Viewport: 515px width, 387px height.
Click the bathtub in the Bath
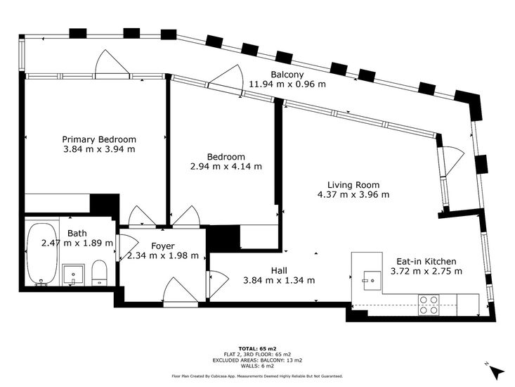point(41,254)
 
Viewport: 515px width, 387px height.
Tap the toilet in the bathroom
point(99,273)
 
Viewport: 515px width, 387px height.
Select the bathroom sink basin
point(73,275)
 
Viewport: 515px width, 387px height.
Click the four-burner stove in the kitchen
point(429,305)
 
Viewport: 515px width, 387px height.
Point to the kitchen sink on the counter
point(372,281)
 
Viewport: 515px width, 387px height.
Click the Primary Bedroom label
point(99,139)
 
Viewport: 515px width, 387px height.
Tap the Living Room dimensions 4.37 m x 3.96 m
point(353,195)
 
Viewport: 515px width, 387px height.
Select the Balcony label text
point(287,75)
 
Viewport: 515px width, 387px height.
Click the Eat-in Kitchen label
point(426,261)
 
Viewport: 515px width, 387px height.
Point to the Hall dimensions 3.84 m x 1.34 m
point(279,281)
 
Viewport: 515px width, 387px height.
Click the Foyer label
point(162,246)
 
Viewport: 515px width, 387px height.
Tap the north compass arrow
point(497,372)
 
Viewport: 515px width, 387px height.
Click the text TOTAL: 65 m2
point(257,348)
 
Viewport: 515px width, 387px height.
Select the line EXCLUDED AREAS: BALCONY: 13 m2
point(257,360)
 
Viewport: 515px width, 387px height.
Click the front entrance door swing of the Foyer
point(181,292)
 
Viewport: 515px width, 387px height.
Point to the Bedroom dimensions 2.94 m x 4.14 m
point(226,166)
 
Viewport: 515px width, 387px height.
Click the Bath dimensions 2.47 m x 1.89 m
point(77,243)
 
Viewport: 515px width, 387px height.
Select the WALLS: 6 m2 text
point(257,366)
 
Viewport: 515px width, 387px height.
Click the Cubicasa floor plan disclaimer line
point(257,376)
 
